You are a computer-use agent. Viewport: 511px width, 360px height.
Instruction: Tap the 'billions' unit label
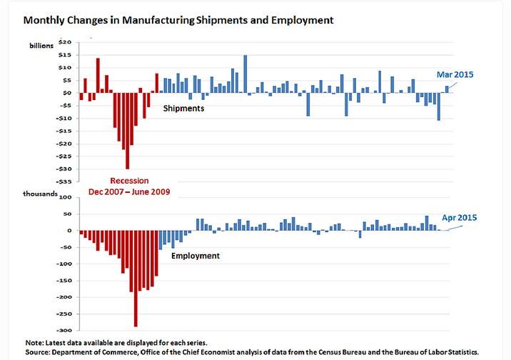[x=42, y=44]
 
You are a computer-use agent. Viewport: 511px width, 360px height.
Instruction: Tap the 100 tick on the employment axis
[x=66, y=197]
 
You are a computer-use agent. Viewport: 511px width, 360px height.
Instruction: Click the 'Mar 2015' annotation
[x=455, y=74]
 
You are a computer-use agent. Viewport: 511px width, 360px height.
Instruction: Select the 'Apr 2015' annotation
[x=459, y=217]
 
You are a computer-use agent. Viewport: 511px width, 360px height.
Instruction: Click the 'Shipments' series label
[x=183, y=109]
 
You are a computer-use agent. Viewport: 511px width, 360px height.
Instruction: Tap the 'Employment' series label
[x=195, y=255]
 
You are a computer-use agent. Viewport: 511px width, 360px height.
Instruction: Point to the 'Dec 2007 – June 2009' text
[x=129, y=192]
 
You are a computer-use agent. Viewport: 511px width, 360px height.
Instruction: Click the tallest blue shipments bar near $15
[x=245, y=74]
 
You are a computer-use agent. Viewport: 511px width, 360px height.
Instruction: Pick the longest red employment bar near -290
[x=136, y=279]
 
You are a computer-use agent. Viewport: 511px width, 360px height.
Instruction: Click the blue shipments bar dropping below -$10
[x=438, y=106]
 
